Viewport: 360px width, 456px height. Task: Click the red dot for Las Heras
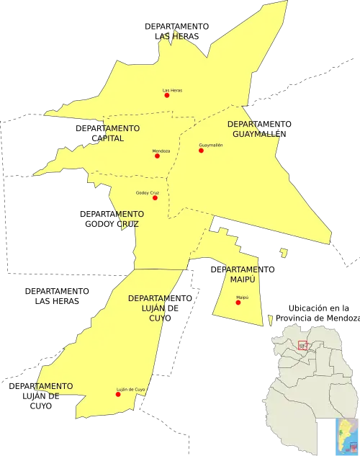click(166, 95)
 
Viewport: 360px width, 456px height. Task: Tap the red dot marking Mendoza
click(157, 156)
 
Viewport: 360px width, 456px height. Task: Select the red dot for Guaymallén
click(201, 151)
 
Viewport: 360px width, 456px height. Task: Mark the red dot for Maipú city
click(238, 302)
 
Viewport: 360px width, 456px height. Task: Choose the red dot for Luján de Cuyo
click(119, 394)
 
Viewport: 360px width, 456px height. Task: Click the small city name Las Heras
click(172, 90)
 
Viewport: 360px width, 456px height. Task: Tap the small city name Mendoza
click(161, 151)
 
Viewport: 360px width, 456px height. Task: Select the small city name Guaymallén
click(211, 145)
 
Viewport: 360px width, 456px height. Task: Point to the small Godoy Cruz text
click(147, 192)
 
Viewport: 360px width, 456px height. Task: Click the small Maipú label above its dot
click(242, 297)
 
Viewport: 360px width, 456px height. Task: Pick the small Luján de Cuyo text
click(130, 390)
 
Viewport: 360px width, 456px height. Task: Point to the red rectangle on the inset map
click(302, 345)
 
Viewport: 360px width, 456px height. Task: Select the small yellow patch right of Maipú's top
click(284, 253)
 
